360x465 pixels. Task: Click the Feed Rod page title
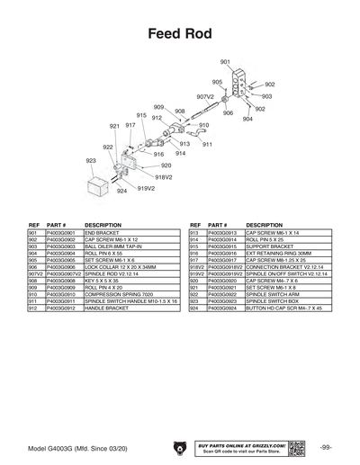pos(179,34)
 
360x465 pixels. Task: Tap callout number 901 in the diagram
pos(225,61)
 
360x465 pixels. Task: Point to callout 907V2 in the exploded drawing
pos(204,95)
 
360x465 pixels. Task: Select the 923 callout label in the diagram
pos(91,161)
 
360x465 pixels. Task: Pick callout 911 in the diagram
pos(207,144)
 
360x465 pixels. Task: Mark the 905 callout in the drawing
pos(217,81)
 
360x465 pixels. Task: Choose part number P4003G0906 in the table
pos(63,267)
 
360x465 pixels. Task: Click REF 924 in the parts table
pos(193,309)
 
